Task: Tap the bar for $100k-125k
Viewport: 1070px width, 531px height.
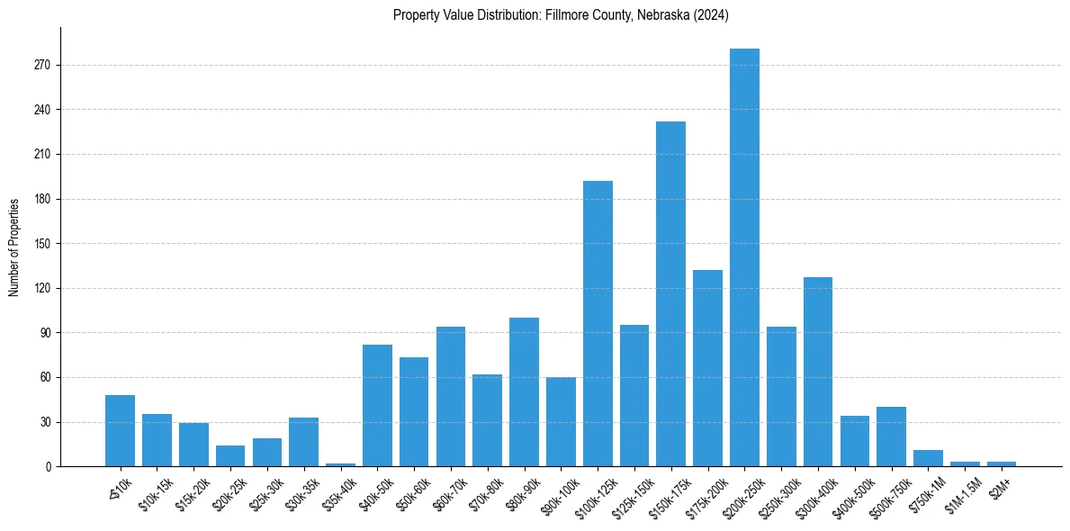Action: pyautogui.click(x=598, y=323)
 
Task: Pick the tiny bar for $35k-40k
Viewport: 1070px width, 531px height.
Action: pyautogui.click(x=340, y=464)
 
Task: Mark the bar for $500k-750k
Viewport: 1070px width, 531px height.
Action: pyautogui.click(x=891, y=436)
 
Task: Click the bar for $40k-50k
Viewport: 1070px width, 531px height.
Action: pyautogui.click(x=377, y=405)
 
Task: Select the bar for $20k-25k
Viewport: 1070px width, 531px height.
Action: pyautogui.click(x=230, y=455)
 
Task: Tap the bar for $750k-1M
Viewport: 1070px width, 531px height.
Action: pyautogui.click(x=928, y=458)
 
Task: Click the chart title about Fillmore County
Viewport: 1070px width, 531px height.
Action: pyautogui.click(x=561, y=15)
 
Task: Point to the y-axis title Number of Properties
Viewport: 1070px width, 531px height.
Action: pyautogui.click(x=14, y=247)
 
